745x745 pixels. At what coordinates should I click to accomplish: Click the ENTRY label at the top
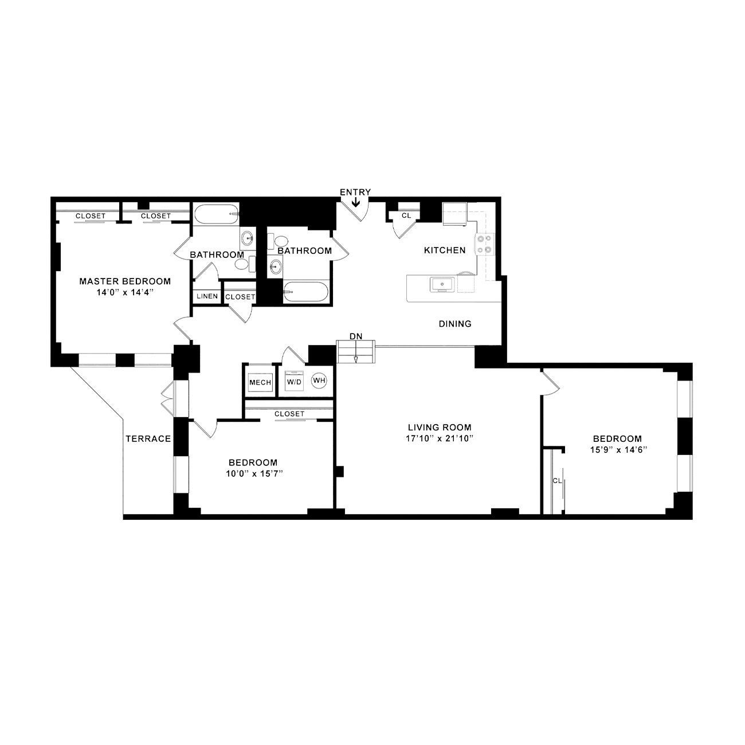355,192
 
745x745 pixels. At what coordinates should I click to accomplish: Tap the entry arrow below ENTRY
355,202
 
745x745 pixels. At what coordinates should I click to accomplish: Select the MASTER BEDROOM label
125,281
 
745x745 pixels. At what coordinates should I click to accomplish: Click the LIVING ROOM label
440,427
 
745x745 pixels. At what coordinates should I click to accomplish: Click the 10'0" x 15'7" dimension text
254,473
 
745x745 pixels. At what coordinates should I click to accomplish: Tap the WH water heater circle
319,381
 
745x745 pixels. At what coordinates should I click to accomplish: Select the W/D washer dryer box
294,381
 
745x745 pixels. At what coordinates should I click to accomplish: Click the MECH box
260,383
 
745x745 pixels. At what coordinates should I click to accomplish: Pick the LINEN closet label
207,296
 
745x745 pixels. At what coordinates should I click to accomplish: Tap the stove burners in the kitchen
485,244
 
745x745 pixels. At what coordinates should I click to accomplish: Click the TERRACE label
148,438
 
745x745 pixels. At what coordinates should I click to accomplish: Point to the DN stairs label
356,336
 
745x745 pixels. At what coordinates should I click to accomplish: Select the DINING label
455,324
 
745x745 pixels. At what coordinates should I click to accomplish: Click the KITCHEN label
445,250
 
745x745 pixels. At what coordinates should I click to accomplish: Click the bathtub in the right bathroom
306,292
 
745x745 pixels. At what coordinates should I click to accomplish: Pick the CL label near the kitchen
406,215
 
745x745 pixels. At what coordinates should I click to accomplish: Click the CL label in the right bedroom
557,481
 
